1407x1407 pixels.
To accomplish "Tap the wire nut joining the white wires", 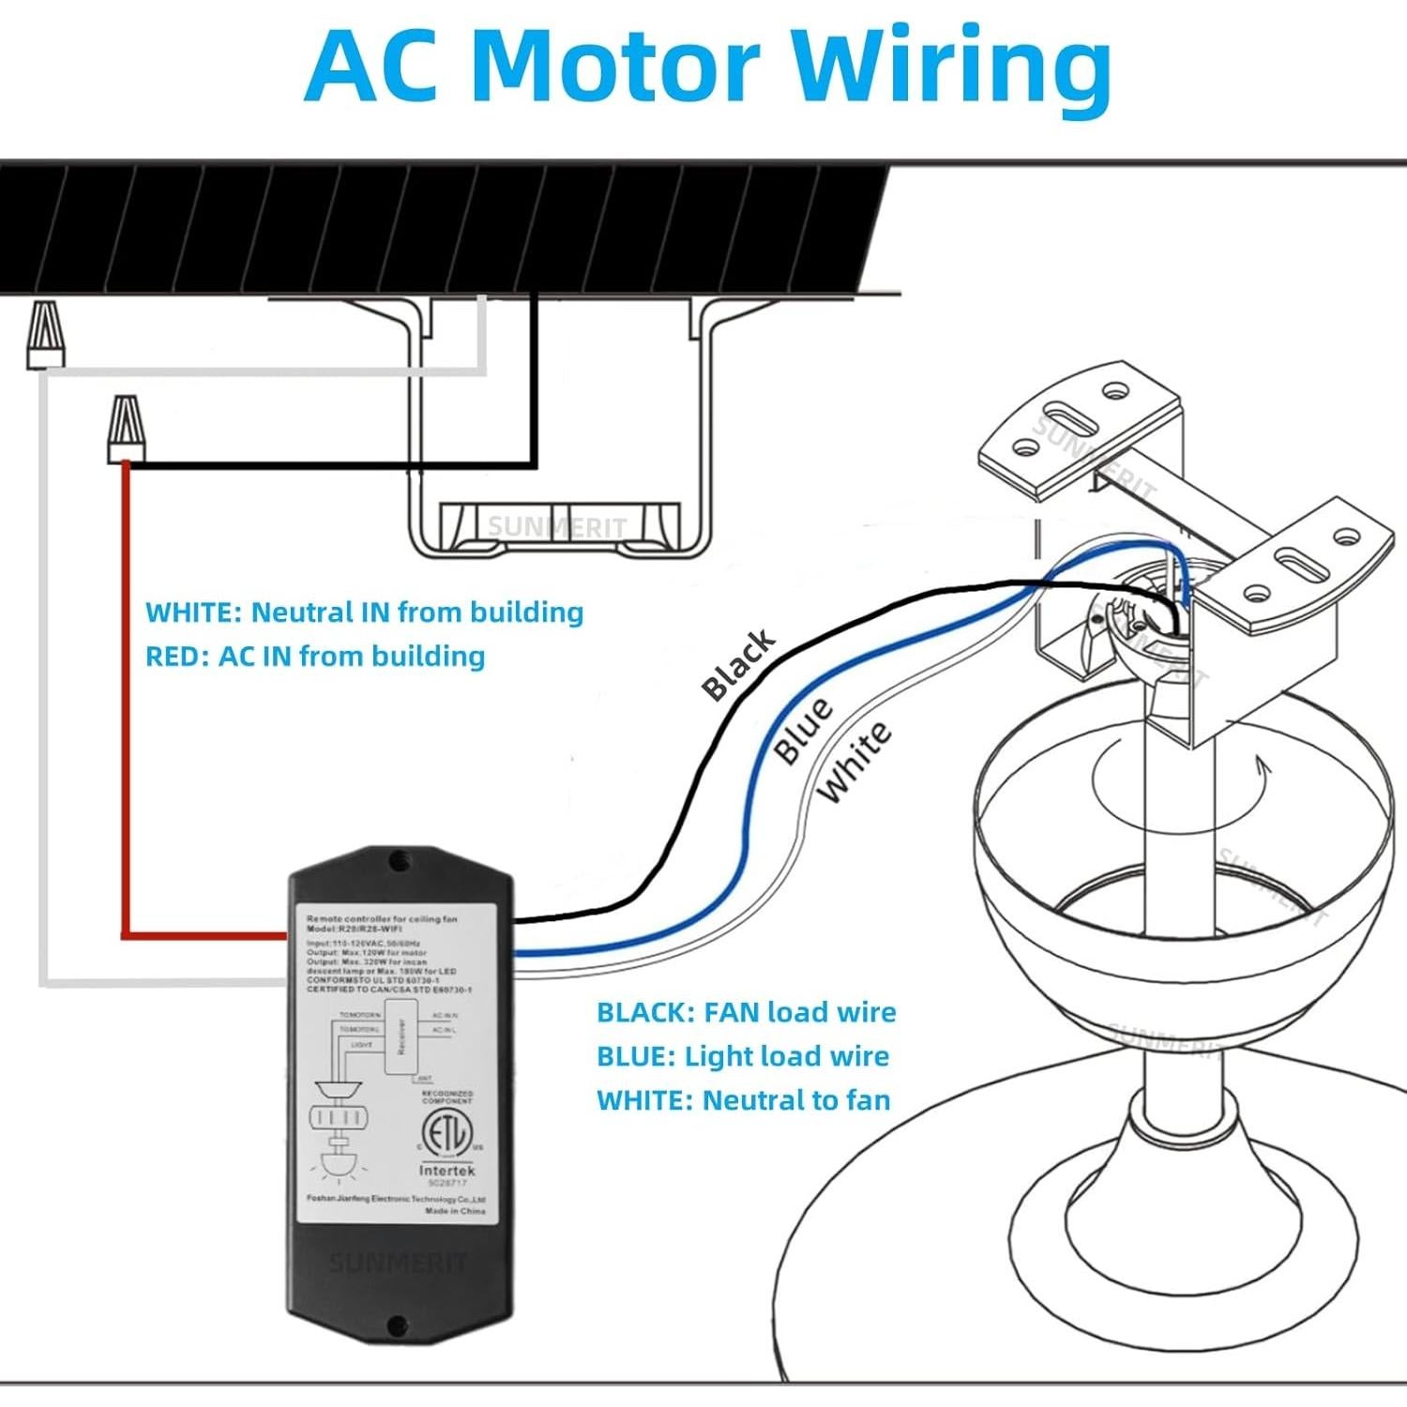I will [45, 335].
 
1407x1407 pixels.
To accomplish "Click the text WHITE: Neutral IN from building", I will [364, 613].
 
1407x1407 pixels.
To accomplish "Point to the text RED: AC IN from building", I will [315, 656].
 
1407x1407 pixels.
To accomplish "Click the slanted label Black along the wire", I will [739, 665].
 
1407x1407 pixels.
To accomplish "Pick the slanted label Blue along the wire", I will [803, 730].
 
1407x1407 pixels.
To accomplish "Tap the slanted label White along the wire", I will [854, 763].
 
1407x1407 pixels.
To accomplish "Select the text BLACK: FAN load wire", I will [746, 1012].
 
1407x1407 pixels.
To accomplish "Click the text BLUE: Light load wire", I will [742, 1056].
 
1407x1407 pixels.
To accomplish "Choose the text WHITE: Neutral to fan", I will [743, 1099].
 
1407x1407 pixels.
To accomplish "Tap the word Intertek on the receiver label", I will [446, 1171].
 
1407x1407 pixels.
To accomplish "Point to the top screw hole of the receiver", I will [400, 858].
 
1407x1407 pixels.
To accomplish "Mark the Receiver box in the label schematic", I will [401, 1035].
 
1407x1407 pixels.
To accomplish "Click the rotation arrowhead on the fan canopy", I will [1264, 772].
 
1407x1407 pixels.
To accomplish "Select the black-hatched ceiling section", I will [441, 228].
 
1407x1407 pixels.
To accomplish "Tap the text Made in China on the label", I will [455, 1211].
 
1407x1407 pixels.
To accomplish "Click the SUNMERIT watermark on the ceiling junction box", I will [556, 527].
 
